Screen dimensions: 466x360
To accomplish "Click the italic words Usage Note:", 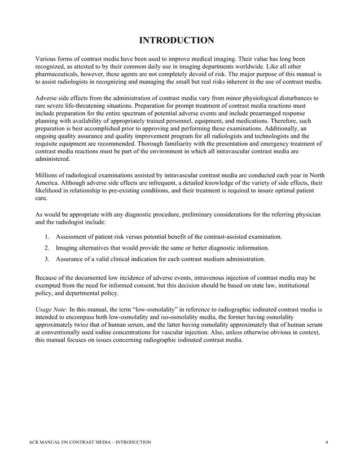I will [51, 310].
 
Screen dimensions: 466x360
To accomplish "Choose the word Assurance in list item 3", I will [72, 259].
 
